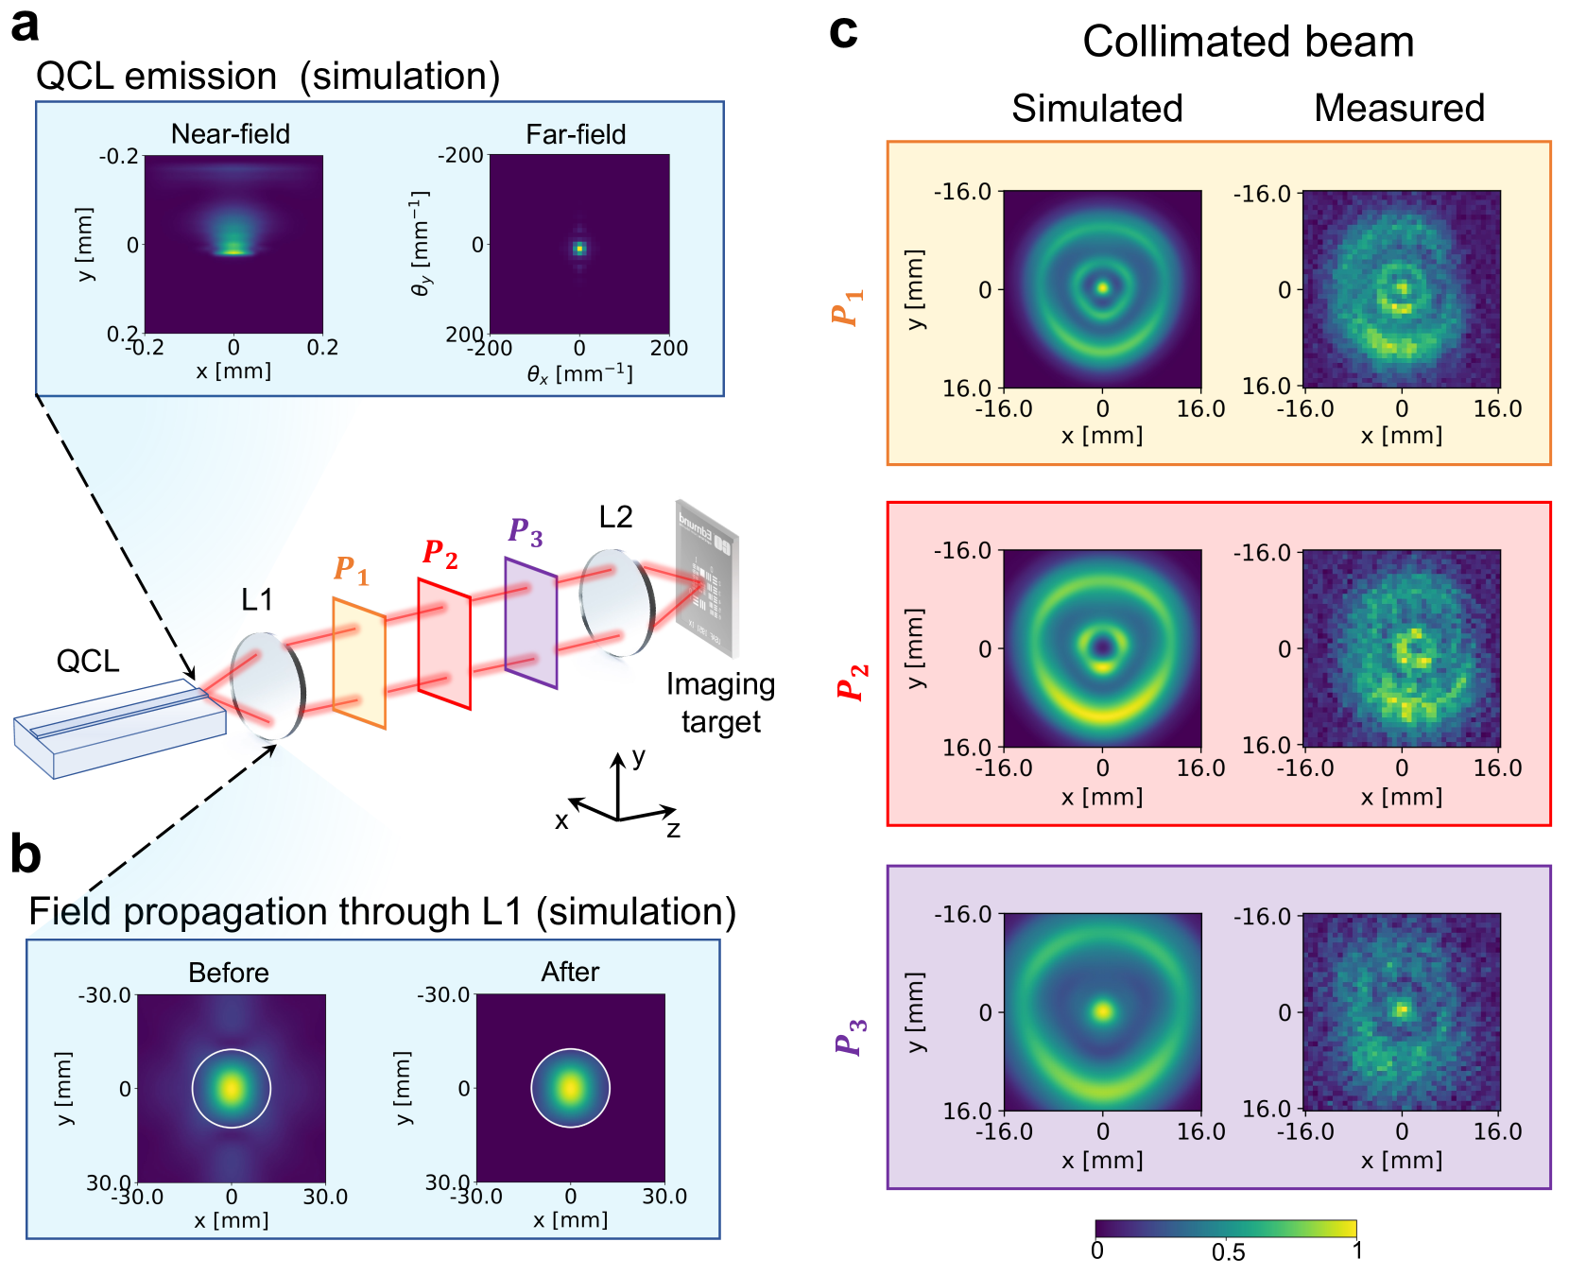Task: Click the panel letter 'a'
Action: tap(25, 26)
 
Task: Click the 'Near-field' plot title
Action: tap(230, 134)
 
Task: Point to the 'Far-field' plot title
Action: tap(576, 134)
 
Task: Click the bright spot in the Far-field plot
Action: tap(579, 249)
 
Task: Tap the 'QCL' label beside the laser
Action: tap(87, 661)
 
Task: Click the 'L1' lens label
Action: tap(256, 599)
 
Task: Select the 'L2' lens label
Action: tap(615, 517)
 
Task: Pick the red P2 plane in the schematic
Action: tap(444, 644)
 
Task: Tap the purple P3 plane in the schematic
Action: tap(530, 623)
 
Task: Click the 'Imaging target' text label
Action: tap(720, 702)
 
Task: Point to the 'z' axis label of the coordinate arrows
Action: tap(673, 830)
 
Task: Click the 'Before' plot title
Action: tap(229, 973)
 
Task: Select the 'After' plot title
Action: tap(570, 973)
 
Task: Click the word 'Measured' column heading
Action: tap(1399, 109)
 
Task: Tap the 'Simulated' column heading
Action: tap(1097, 109)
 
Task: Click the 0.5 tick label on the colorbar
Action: tap(1228, 1252)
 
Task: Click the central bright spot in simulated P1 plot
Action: tap(1102, 287)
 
